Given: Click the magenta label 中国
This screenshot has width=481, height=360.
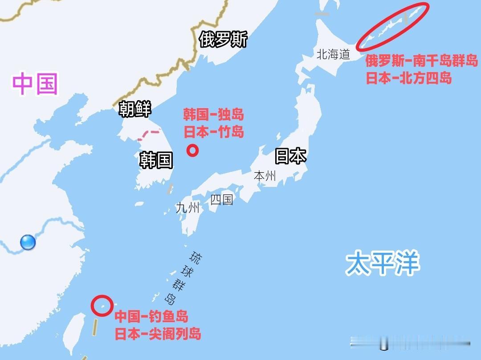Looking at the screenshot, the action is click(35, 84).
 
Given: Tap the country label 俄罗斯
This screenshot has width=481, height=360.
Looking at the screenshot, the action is click(223, 40).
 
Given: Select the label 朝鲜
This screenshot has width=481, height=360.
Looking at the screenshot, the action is click(135, 109).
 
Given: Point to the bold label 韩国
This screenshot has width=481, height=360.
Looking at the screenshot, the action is click(156, 160).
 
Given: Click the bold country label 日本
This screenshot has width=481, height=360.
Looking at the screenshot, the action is click(290, 156).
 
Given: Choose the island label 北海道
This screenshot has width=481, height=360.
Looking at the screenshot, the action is click(333, 55).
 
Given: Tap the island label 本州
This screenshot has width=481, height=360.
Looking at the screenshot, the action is click(265, 176).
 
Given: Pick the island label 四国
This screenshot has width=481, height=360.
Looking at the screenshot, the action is click(222, 199).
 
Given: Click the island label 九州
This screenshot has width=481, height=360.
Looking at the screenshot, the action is click(188, 207).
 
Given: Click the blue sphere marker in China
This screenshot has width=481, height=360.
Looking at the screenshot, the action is click(28, 243).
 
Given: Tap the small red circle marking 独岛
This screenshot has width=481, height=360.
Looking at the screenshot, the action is click(192, 151).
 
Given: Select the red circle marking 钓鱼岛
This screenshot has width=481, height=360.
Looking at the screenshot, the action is click(102, 306).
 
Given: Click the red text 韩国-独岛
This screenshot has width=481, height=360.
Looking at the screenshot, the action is click(214, 115).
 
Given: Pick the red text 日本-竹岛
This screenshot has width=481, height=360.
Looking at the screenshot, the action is click(214, 132).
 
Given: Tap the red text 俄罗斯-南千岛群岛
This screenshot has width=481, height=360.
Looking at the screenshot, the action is click(421, 61).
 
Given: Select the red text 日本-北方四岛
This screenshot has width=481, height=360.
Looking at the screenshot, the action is click(409, 78).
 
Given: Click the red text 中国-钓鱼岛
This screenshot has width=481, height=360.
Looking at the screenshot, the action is click(151, 317).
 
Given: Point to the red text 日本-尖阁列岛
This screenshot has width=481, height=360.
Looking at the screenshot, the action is click(158, 334).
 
